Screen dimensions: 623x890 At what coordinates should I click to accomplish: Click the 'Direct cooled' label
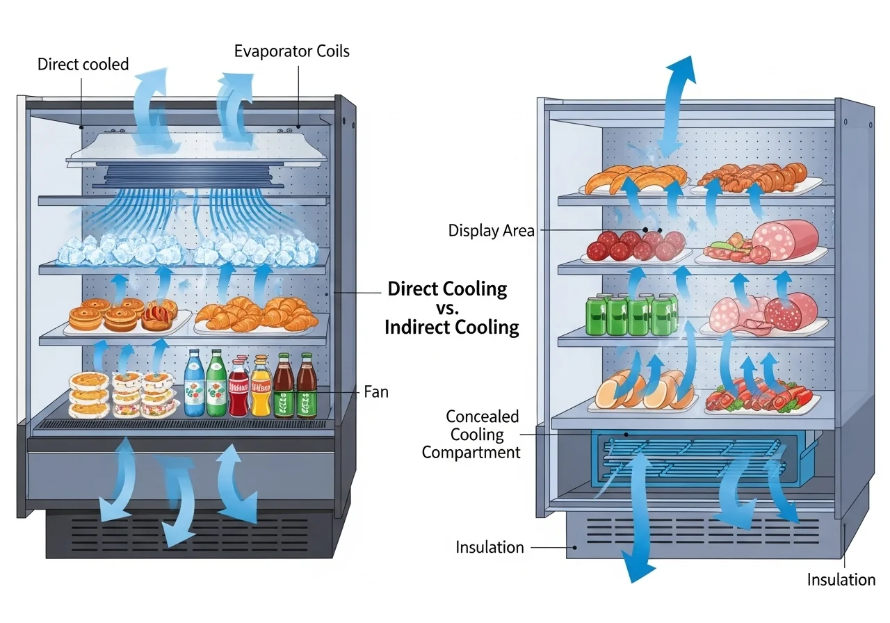[x=83, y=65]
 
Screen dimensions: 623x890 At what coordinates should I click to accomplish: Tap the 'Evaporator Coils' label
[x=291, y=51]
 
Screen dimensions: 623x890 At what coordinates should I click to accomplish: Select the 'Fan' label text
[x=375, y=392]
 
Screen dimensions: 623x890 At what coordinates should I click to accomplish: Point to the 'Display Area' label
[x=492, y=231]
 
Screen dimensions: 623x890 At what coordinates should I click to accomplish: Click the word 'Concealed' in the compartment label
[x=482, y=416]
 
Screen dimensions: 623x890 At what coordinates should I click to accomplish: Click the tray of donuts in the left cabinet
[x=125, y=316]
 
